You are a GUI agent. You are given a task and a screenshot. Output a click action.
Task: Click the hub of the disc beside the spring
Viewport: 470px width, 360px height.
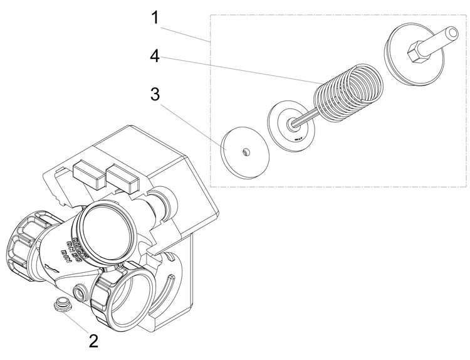click(293, 124)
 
